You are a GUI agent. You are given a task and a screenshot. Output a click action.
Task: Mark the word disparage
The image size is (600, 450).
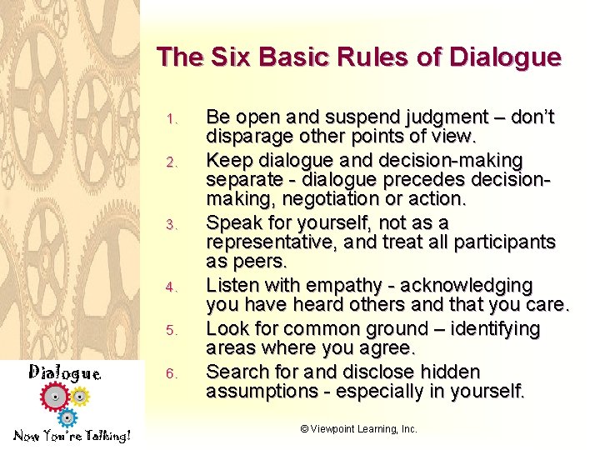pyautogui.click(x=246, y=137)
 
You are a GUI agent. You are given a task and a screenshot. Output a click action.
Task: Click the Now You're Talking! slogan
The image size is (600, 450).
pyautogui.click(x=72, y=436)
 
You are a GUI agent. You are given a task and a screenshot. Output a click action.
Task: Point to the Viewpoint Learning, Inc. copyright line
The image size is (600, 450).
pyautogui.click(x=358, y=428)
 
